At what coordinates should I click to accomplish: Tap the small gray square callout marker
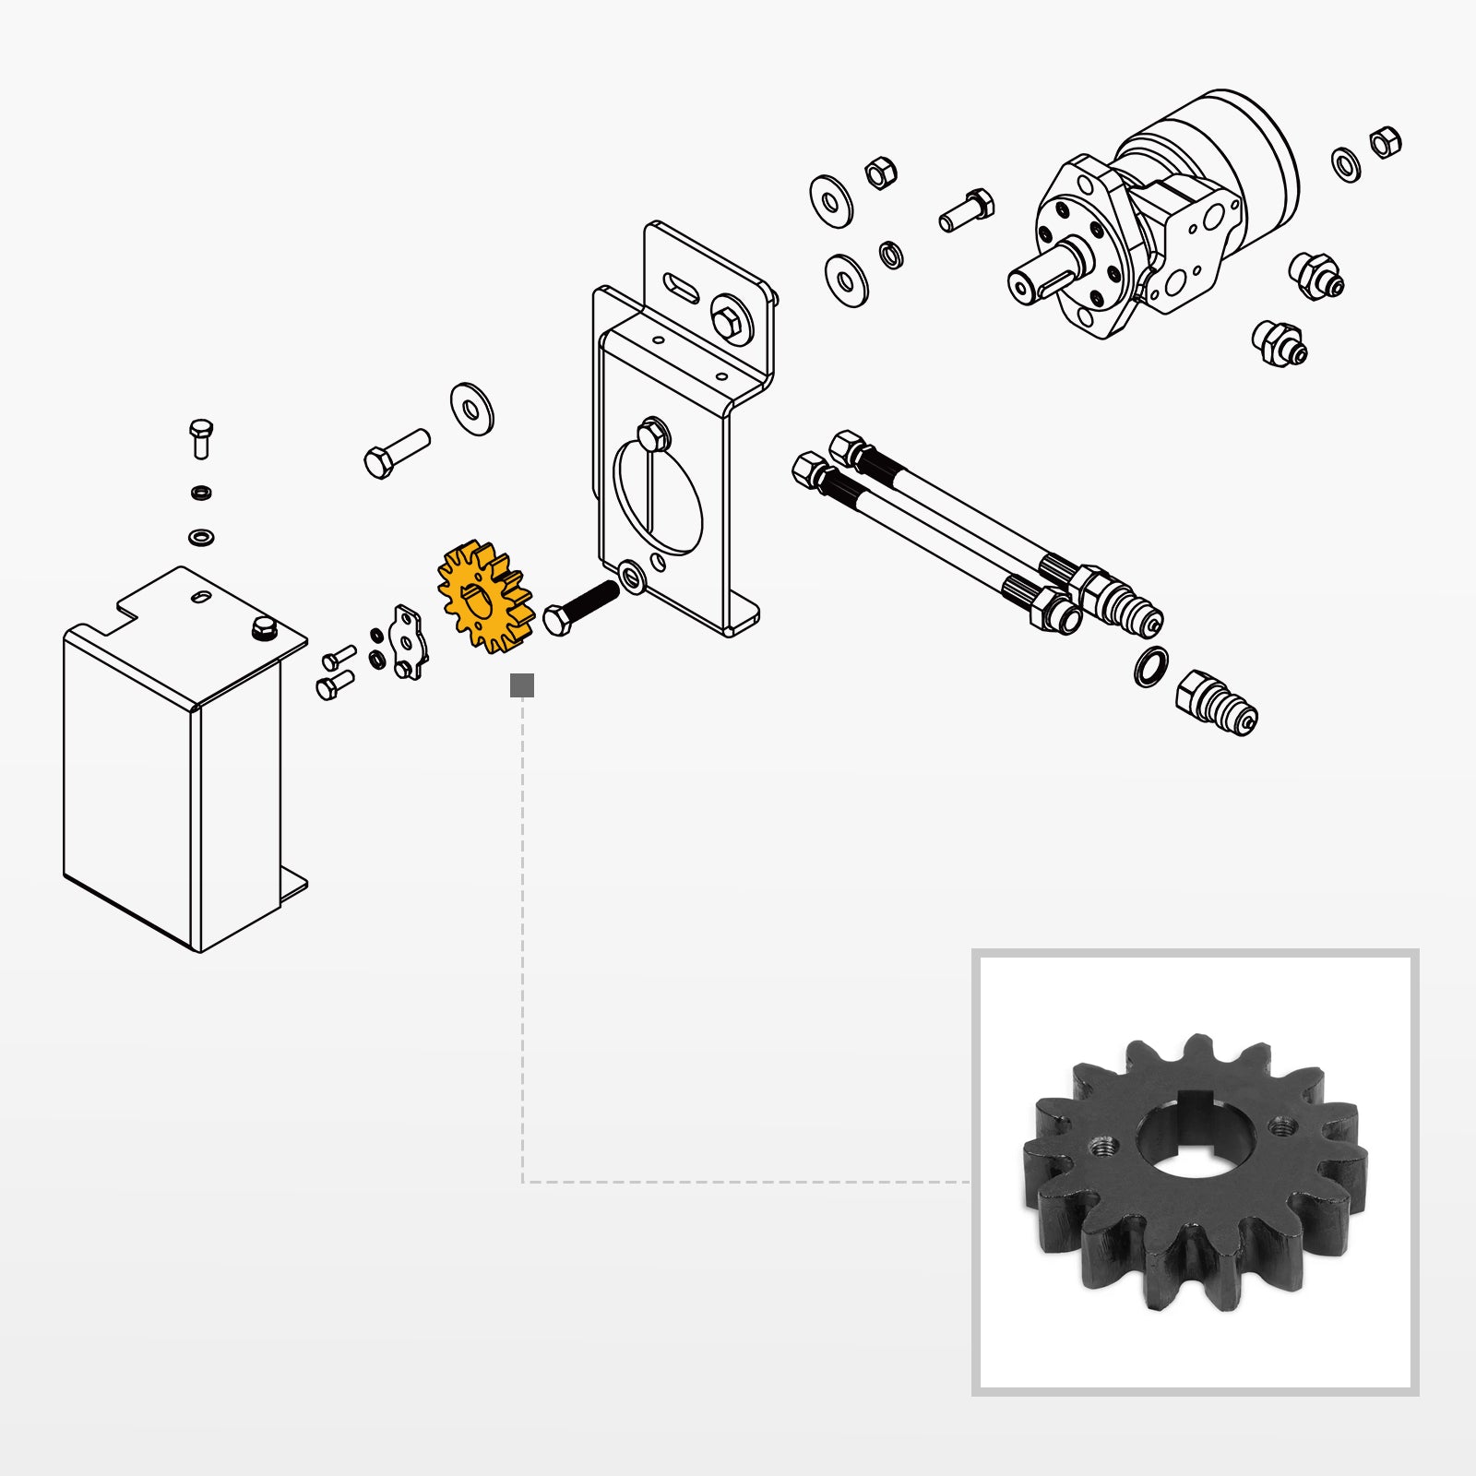522,685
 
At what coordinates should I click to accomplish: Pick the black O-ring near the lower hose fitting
1150,667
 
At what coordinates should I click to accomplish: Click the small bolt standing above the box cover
201,438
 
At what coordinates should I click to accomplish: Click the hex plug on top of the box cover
263,629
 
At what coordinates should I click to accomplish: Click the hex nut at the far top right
1385,143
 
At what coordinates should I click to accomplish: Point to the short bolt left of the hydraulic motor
966,209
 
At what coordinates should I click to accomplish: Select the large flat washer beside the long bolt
472,409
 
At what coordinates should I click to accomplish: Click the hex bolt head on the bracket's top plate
730,319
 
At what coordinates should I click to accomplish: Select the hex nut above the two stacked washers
880,172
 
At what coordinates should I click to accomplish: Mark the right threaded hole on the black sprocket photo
1282,1126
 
